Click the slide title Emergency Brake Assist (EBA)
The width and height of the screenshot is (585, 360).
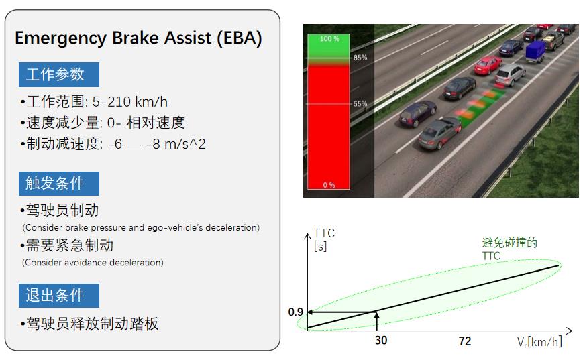[x=138, y=38]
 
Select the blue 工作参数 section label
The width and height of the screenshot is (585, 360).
[x=59, y=74]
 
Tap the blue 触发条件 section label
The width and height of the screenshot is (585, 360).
[x=59, y=184]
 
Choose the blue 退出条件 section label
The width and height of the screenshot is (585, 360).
[x=59, y=296]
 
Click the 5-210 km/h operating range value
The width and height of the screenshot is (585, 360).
[x=130, y=102]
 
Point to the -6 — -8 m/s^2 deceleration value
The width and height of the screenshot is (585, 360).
[x=157, y=144]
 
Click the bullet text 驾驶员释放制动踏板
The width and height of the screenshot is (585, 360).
[x=92, y=324]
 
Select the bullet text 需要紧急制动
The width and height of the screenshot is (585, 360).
[x=70, y=245]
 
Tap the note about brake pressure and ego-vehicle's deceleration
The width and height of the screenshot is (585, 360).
[x=141, y=228]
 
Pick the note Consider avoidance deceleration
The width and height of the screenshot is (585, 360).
[x=93, y=263]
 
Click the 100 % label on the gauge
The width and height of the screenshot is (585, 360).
[x=329, y=39]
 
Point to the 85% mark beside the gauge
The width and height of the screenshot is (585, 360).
[x=360, y=58]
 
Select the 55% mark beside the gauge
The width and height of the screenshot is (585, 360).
[x=360, y=104]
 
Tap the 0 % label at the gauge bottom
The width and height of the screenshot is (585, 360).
[x=329, y=185]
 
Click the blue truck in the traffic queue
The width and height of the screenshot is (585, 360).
[x=535, y=52]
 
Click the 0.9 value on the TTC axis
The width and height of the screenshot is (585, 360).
[x=295, y=312]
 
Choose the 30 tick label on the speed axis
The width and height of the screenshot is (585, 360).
[x=381, y=341]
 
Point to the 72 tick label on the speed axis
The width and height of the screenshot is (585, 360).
[x=465, y=341]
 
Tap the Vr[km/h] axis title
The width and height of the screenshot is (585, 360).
[x=539, y=342]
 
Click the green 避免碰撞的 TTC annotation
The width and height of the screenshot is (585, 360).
[x=510, y=249]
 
